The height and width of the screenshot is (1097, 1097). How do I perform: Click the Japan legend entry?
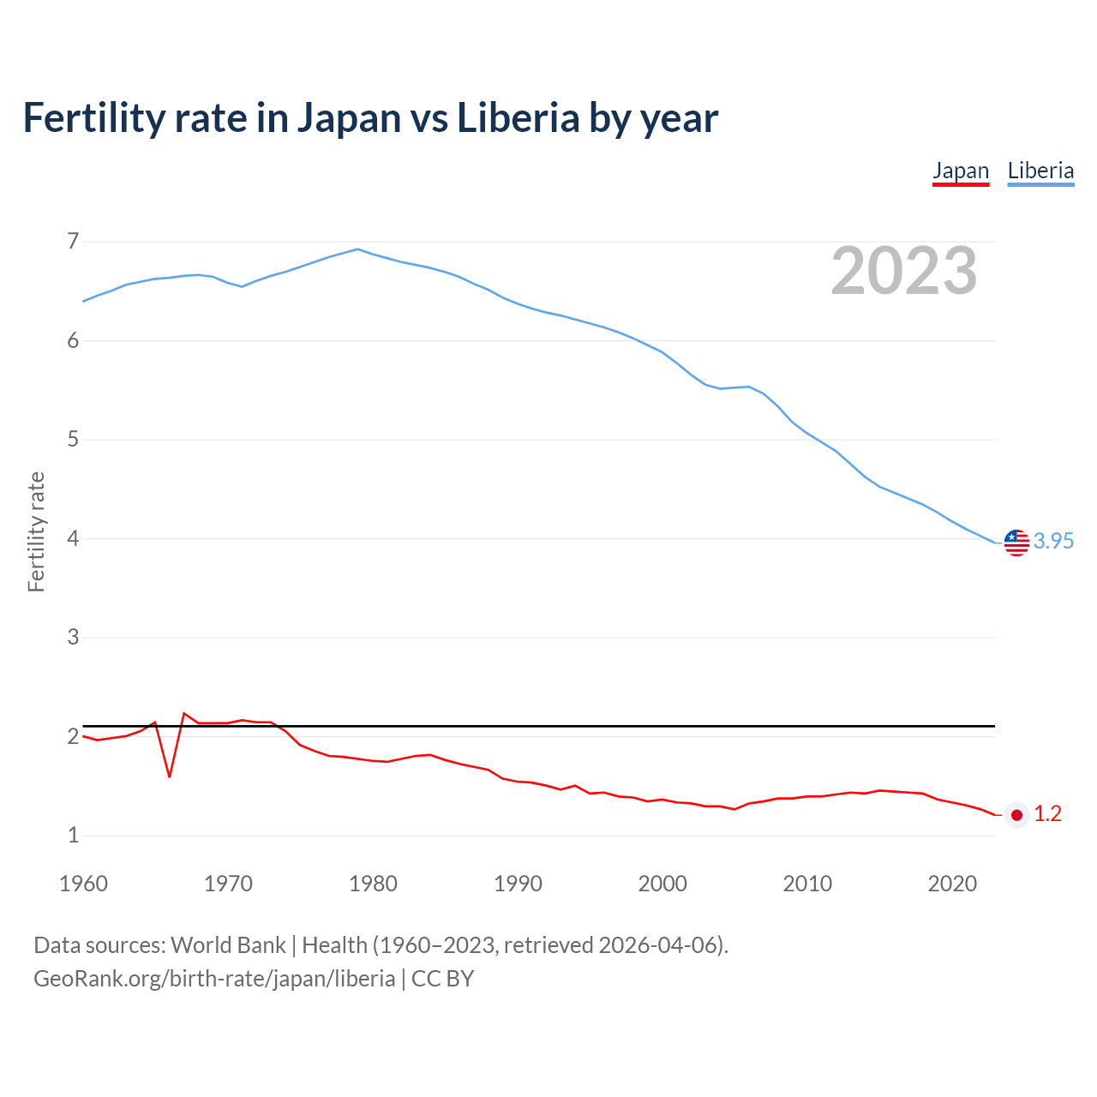[961, 171]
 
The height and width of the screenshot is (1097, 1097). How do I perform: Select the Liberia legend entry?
[1040, 171]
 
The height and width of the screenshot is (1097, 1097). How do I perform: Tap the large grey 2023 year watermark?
[904, 271]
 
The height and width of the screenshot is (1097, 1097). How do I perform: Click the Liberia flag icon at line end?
[1016, 542]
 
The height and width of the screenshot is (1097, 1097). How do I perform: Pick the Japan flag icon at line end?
[1016, 815]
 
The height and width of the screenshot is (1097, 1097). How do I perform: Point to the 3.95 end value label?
[1053, 542]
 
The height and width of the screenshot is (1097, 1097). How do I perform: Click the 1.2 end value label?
[1047, 814]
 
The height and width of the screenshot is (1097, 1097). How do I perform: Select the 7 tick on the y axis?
[73, 242]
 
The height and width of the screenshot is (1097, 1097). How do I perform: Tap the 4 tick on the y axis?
[73, 539]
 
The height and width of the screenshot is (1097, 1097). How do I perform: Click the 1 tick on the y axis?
[73, 836]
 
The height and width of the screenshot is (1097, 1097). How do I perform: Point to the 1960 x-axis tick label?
[83, 884]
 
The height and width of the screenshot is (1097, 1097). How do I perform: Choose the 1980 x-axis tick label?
[373, 884]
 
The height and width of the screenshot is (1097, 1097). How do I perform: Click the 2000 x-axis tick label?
[662, 884]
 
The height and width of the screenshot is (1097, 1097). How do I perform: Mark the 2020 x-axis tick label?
[952, 884]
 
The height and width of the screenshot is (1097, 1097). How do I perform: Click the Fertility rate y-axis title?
[36, 531]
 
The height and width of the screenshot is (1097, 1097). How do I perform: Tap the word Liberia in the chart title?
[519, 117]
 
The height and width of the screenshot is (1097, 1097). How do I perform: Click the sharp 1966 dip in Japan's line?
[170, 776]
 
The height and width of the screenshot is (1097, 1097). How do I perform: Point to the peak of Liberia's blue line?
[358, 249]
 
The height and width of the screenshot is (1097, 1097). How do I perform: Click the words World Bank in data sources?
[228, 945]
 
